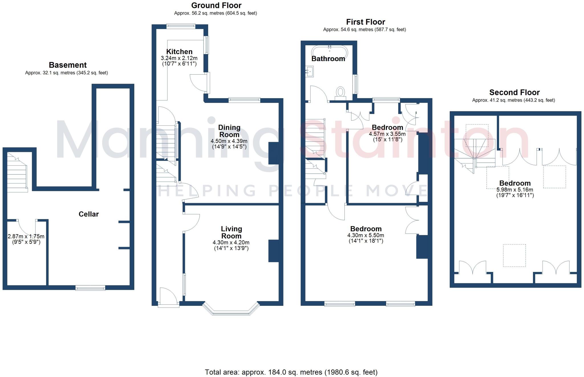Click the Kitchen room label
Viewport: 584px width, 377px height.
click(179, 52)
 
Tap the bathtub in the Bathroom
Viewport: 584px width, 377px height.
click(329, 51)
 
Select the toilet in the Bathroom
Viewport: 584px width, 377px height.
click(340, 92)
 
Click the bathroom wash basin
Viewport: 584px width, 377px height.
click(309, 71)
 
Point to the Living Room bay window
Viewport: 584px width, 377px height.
click(231, 312)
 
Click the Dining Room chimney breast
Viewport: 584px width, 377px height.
click(273, 153)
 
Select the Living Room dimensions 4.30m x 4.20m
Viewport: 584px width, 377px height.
click(231, 243)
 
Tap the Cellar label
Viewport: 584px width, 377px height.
click(89, 214)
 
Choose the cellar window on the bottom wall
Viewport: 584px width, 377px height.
click(90, 288)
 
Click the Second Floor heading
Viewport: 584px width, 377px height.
click(514, 92)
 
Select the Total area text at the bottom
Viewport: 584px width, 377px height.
click(291, 372)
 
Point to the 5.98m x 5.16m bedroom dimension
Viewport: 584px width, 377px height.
click(515, 190)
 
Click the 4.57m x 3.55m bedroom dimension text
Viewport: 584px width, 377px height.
click(387, 134)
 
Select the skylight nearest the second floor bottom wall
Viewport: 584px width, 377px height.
click(514, 255)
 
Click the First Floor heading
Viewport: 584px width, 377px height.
click(365, 22)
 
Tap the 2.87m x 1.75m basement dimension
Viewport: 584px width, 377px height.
click(26, 236)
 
